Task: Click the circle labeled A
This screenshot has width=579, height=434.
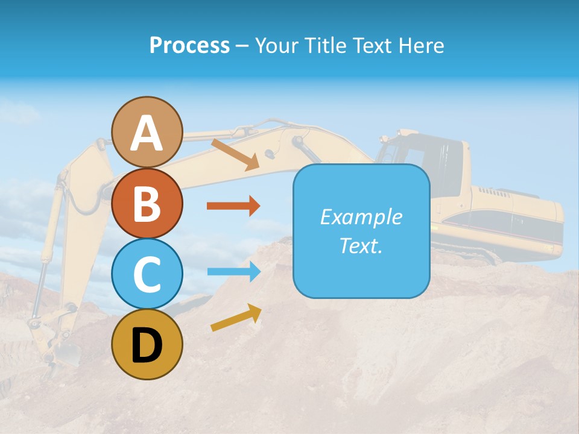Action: click(x=147, y=132)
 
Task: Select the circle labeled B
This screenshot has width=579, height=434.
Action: click(x=147, y=203)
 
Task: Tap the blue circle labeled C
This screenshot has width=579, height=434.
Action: click(x=147, y=274)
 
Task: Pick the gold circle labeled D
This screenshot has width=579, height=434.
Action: click(x=147, y=345)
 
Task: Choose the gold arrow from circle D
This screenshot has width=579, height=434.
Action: click(x=236, y=318)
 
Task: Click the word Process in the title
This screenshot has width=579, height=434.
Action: click(x=189, y=45)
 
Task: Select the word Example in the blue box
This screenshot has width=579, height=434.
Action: click(x=361, y=217)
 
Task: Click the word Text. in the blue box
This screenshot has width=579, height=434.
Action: click(x=361, y=245)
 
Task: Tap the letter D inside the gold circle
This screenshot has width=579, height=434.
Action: click(x=147, y=346)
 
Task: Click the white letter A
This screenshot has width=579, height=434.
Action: click(x=147, y=133)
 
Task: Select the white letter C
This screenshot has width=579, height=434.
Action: click(x=147, y=275)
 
